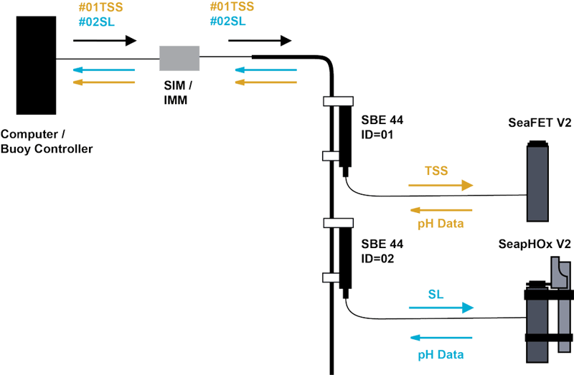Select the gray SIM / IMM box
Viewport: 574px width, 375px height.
tap(179, 58)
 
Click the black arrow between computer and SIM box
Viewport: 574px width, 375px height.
tap(104, 41)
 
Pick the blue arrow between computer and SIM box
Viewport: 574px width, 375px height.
tap(104, 70)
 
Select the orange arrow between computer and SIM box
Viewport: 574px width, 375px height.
tap(104, 82)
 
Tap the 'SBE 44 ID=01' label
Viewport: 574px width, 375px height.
tap(378, 128)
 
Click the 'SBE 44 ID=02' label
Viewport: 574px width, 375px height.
tap(378, 252)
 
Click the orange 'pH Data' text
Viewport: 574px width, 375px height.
tap(441, 224)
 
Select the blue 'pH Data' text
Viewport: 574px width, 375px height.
tap(441, 354)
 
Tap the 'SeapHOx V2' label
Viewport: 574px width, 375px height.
tap(535, 244)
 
